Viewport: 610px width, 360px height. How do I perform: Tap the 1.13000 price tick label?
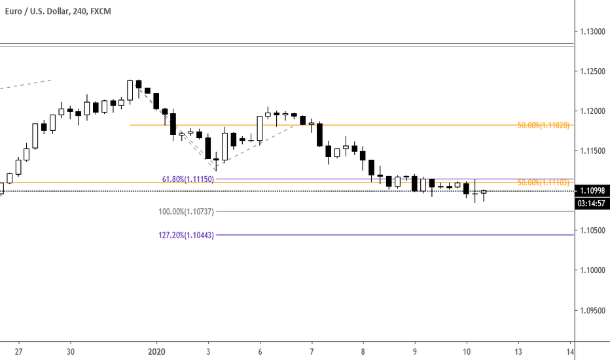coord(592,31)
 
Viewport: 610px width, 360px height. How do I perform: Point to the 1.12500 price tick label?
coord(592,71)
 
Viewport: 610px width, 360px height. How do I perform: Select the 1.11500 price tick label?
coord(592,151)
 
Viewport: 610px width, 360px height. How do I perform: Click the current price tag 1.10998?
coord(592,191)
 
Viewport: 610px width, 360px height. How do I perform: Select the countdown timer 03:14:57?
coord(592,203)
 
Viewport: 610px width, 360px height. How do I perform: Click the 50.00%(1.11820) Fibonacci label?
coord(544,125)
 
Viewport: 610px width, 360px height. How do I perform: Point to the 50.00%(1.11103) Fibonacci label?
coord(544,183)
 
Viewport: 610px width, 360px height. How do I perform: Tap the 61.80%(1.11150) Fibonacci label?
coord(188,179)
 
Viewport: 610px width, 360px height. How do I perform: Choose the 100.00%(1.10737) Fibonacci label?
coord(186,211)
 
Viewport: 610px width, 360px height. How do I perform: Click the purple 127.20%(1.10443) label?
coord(186,235)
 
